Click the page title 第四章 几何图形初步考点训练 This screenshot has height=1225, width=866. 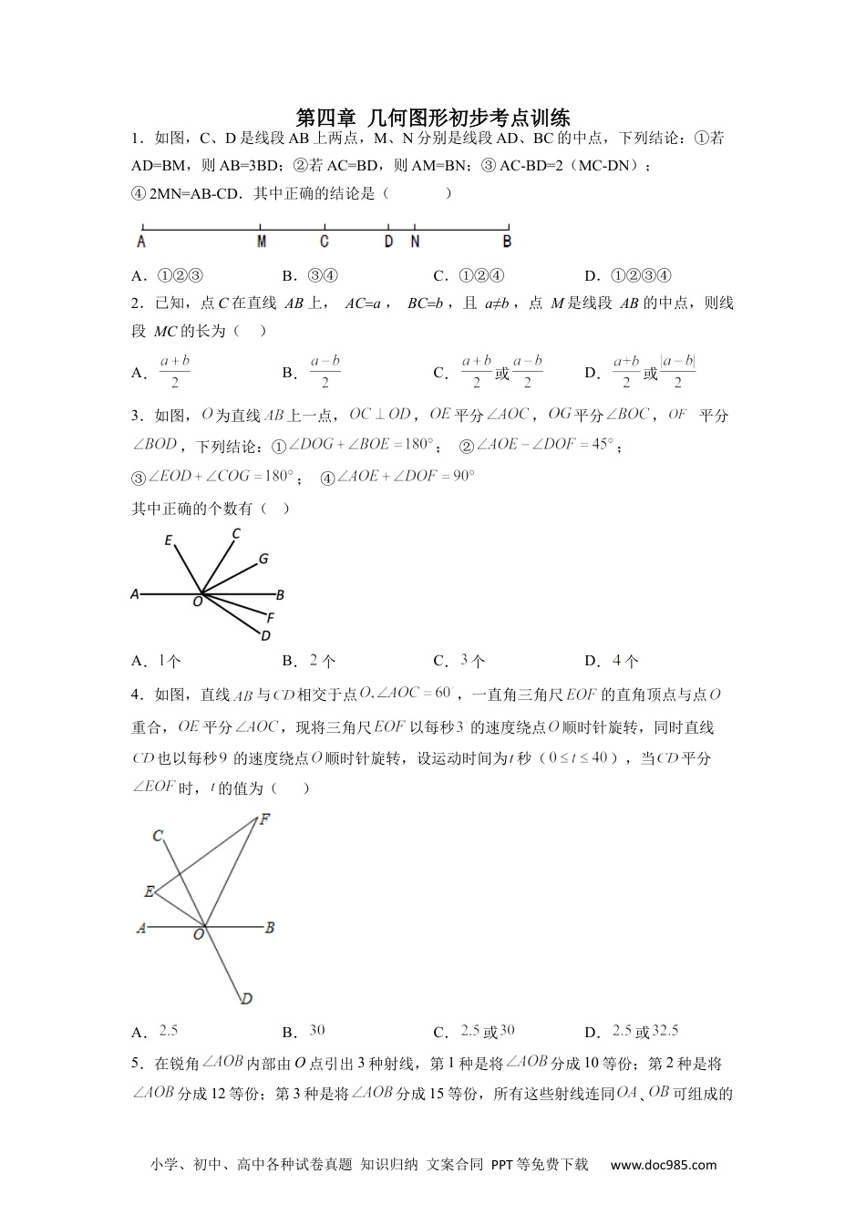433,118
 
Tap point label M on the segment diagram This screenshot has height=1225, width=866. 262,242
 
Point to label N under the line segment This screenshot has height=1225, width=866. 415,242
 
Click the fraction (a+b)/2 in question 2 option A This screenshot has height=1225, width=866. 174,372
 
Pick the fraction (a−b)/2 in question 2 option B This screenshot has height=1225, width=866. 325,372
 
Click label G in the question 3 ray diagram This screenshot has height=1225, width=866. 263,559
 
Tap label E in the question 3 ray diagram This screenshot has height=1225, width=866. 169,541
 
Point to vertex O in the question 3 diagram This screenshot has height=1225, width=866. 198,602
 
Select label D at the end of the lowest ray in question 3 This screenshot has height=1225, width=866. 265,635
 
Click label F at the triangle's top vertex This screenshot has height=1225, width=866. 264,818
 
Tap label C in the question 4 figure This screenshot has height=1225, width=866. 158,835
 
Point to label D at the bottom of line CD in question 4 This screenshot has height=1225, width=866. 246,1000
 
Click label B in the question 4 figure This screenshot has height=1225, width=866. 270,928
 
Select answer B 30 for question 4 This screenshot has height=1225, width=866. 316,1031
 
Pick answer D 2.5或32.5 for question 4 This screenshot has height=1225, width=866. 645,1032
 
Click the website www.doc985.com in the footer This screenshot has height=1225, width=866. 663,1164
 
